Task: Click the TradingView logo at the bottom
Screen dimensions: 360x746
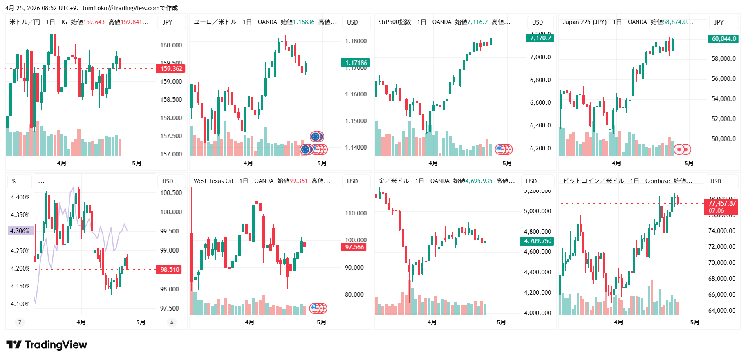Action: coord(47,345)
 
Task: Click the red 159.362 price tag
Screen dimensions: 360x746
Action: coord(171,69)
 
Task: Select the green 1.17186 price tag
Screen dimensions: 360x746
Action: coord(356,63)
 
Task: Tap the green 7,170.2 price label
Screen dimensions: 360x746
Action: coord(540,38)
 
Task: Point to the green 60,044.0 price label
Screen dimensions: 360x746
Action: coord(723,39)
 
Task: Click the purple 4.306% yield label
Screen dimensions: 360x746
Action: coord(20,231)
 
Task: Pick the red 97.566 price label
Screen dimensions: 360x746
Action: coord(354,247)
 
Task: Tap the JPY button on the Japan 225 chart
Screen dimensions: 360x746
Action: coord(719,22)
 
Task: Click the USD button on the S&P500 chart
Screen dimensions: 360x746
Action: coord(537,22)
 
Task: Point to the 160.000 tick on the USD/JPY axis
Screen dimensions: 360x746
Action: coord(171,45)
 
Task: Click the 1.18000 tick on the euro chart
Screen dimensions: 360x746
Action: coord(356,41)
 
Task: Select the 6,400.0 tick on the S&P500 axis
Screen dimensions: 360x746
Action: coord(540,125)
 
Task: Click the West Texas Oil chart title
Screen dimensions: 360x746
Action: coord(213,181)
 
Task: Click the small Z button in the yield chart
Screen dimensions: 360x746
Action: coord(20,322)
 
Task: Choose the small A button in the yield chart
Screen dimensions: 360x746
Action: coord(172,322)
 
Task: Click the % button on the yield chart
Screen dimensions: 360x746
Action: coord(14,181)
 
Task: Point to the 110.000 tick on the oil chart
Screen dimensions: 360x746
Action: coord(356,213)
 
